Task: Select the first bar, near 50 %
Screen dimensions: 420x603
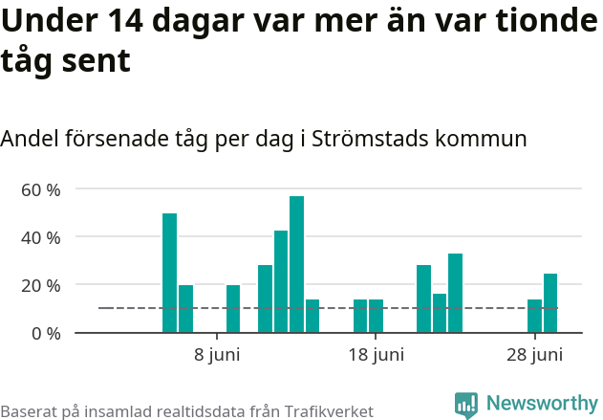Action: coord(169,273)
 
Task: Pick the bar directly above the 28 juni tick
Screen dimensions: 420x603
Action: coord(534,317)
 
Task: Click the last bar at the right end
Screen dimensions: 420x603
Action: coord(550,303)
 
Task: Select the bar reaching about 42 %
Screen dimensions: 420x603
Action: coord(281,281)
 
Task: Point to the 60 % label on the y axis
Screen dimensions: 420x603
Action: coord(41,189)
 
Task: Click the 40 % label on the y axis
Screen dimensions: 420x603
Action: coord(41,237)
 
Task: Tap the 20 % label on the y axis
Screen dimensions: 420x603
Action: coord(41,285)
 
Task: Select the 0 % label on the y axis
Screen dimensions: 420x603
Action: coord(46,333)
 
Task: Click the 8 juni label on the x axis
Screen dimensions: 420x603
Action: coord(217,355)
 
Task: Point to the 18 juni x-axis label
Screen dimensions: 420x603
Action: coord(376,355)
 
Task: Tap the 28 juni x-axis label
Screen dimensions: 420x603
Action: coord(534,355)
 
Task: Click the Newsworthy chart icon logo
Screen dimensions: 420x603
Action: coord(466,406)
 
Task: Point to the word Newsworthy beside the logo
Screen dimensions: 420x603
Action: coord(542,404)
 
